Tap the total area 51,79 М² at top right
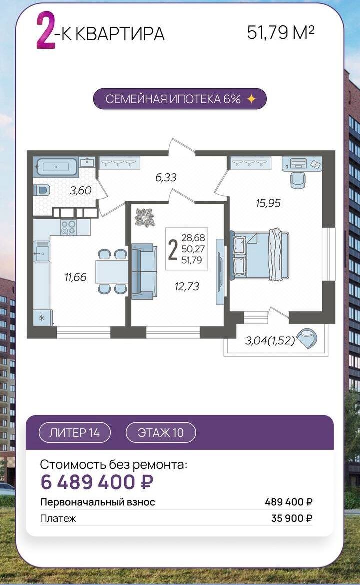pos(281,33)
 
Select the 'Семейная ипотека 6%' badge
pos(180,99)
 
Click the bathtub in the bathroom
pos(56,167)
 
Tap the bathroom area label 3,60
pos(80,190)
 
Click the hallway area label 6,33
pos(166,177)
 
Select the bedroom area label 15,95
pos(268,203)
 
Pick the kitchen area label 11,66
pos(75,277)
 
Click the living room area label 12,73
pos(187,286)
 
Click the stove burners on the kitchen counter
pos(68,227)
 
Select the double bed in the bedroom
pos(260,255)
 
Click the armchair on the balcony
pos(308,338)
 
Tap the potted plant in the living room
pos(144,217)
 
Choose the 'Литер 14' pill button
pos(74,433)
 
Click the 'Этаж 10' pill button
pos(161,433)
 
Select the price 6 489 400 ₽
pos(97,482)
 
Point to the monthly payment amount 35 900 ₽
pos(292,518)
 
